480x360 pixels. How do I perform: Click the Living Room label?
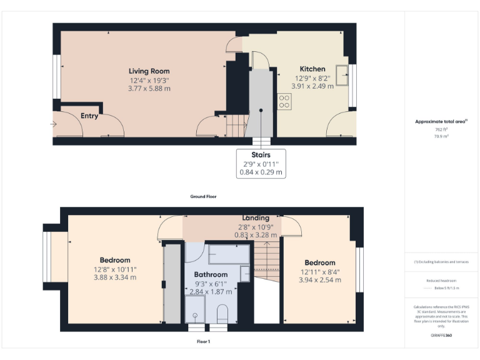[149, 71]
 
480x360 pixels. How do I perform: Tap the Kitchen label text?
[312, 69]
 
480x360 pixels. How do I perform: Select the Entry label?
[89, 116]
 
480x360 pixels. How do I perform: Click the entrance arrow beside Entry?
[53, 124]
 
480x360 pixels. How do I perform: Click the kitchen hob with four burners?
[284, 101]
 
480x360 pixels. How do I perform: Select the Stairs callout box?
[261, 163]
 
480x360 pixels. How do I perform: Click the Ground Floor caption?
[203, 196]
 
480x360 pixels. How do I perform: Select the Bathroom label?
[211, 274]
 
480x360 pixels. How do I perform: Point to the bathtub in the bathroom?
[227, 254]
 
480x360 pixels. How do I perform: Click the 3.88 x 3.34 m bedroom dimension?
[115, 277]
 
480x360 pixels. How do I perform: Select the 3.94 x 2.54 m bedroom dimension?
[320, 280]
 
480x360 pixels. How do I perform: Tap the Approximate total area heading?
[441, 121]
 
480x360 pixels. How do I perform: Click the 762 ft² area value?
[441, 129]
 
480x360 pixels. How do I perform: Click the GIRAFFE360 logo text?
[441, 336]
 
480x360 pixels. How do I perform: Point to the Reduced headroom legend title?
[441, 281]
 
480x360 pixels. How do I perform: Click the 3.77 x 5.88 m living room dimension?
[149, 89]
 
